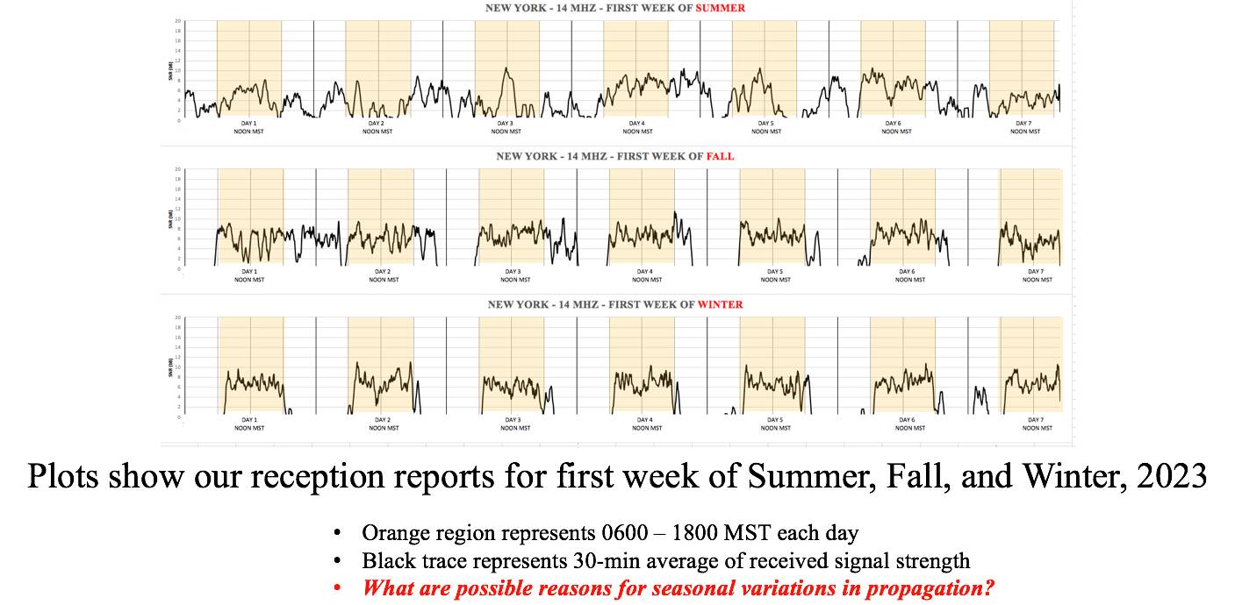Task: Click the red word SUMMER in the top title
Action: click(x=721, y=8)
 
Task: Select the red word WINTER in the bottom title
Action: click(x=720, y=304)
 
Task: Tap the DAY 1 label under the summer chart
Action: click(x=248, y=124)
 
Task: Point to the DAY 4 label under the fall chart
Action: click(x=644, y=272)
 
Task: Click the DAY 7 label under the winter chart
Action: click(x=1036, y=420)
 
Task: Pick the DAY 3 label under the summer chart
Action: click(x=506, y=124)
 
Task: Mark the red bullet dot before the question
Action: click(x=337, y=587)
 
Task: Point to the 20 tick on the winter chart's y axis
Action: click(x=178, y=317)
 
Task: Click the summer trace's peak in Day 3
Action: click(x=506, y=68)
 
